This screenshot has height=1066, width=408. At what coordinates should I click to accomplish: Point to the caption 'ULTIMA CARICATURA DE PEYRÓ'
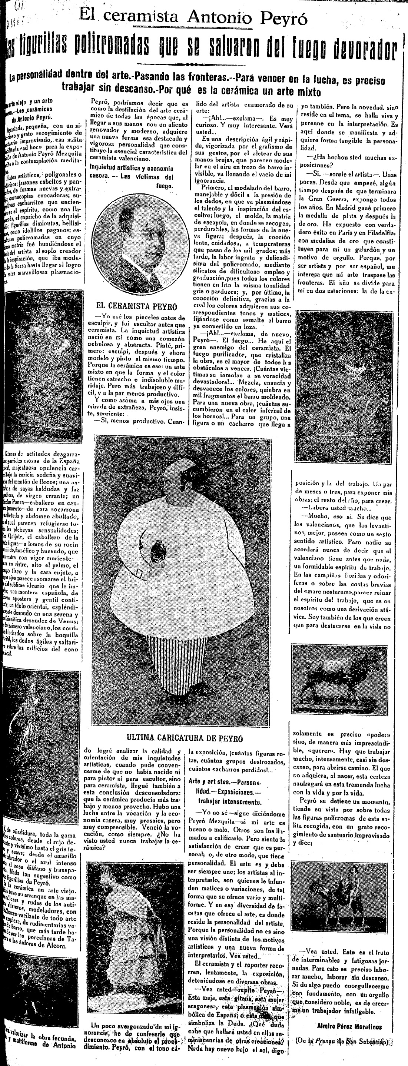tap(185, 738)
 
